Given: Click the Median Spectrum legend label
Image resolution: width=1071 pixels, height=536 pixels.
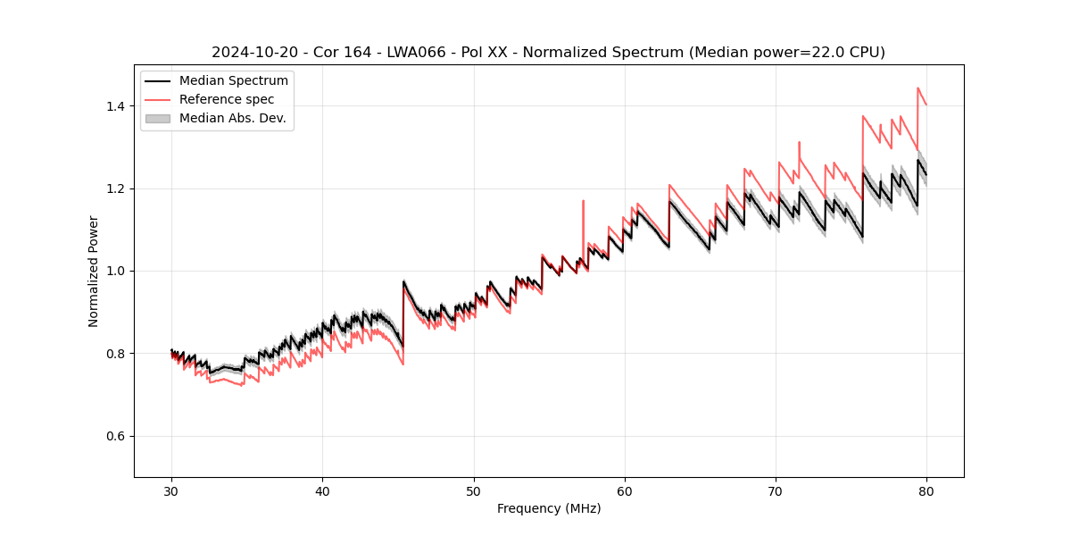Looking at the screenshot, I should (x=234, y=81).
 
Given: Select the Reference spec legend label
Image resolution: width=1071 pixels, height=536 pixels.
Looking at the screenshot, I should (x=227, y=99).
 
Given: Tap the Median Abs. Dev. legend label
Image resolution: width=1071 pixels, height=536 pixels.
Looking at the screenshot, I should (x=233, y=118).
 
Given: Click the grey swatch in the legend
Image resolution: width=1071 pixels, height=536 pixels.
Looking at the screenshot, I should (x=157, y=118).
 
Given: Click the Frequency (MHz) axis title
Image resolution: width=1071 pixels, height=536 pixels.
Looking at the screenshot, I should (x=549, y=508).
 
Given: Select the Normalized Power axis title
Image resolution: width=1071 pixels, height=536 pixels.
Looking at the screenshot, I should (x=94, y=271).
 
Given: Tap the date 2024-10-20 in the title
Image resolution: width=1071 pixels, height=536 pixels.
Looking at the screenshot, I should (x=253, y=53).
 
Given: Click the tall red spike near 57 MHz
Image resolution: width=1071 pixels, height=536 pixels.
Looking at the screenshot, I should (x=584, y=202).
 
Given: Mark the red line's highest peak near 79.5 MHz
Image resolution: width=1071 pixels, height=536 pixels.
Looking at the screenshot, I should (x=918, y=88).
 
